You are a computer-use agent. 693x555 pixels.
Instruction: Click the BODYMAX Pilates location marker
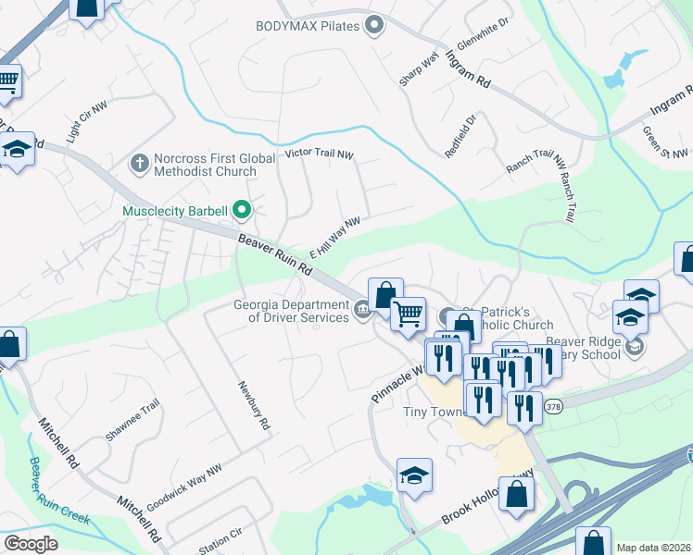click(x=374, y=25)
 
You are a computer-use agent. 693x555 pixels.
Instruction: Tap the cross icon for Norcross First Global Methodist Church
click(x=140, y=164)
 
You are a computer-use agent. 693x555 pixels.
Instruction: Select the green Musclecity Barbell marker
click(x=242, y=211)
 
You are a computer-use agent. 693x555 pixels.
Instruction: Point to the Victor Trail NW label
click(x=320, y=154)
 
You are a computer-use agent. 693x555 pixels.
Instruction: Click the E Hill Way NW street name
click(x=334, y=237)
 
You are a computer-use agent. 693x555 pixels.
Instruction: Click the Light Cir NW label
click(x=83, y=123)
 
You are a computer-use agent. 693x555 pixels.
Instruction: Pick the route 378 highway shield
click(x=553, y=406)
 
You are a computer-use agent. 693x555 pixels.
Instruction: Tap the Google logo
click(x=31, y=543)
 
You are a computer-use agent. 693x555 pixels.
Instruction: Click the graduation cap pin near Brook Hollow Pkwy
click(x=414, y=475)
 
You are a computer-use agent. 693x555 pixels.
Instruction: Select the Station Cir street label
click(x=220, y=540)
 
